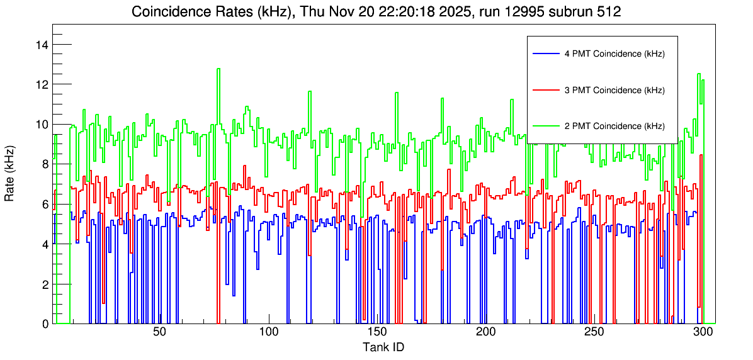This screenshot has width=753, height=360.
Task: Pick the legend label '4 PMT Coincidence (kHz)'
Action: pyautogui.click(x=614, y=54)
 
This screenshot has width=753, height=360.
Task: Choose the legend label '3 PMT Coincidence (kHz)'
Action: pyautogui.click(x=614, y=90)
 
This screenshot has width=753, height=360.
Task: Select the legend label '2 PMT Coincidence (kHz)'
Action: pyautogui.click(x=614, y=126)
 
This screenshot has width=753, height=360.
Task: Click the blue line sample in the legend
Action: pyautogui.click(x=545, y=54)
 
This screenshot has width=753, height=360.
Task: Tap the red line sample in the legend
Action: pyautogui.click(x=545, y=90)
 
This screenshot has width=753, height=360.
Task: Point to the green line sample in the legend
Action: pyautogui.click(x=545, y=126)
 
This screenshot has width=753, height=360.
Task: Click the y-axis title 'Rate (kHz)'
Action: pyautogui.click(x=10, y=179)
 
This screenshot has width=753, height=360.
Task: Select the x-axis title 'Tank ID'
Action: pyautogui.click(x=383, y=347)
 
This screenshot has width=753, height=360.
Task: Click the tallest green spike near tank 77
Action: pyautogui.click(x=218, y=69)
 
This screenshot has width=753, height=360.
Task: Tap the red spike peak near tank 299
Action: pyautogui.click(x=700, y=155)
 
